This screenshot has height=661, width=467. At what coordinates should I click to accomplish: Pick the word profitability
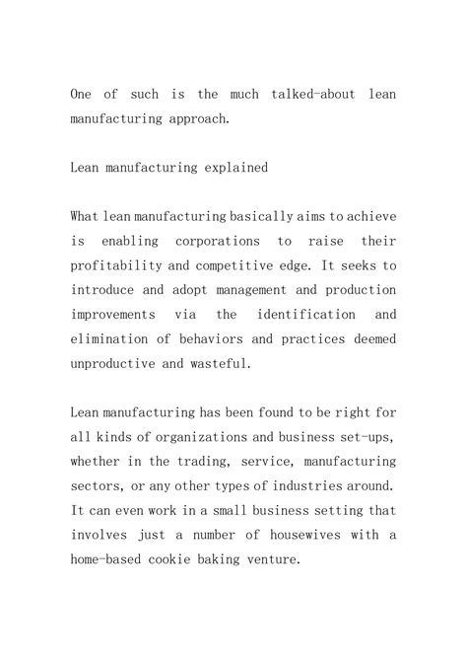[x=116, y=265]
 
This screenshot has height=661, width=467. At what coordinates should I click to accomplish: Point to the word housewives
[x=319, y=535]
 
